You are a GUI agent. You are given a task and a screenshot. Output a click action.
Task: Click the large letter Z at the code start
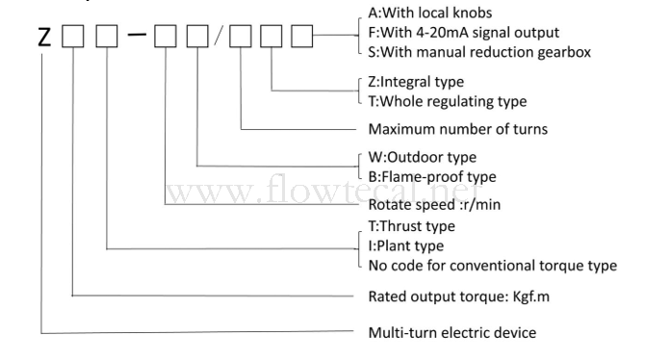point(44,36)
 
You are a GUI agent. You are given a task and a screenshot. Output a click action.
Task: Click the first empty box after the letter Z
point(72,36)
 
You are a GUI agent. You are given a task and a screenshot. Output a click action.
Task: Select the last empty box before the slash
point(197,36)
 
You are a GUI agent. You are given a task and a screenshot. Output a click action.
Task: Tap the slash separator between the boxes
point(219,36)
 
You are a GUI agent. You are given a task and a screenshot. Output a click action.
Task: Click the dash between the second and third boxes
point(137,35)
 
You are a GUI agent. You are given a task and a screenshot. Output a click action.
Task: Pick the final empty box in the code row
point(302,36)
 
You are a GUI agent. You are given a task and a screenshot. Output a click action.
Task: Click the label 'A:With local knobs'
point(430,13)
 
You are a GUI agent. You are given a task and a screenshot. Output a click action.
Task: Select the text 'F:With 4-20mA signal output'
point(464,33)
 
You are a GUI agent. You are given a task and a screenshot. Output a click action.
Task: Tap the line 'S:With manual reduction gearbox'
point(479,52)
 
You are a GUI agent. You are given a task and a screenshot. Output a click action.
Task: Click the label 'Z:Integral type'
point(416,82)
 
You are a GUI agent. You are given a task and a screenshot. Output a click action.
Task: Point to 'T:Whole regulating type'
point(448,101)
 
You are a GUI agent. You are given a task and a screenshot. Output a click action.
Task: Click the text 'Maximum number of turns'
point(458,129)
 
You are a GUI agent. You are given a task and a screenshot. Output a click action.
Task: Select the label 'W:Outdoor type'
point(422,157)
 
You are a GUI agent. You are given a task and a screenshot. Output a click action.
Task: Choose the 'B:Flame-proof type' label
point(432,177)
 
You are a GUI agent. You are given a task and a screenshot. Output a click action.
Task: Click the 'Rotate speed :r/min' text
point(434,204)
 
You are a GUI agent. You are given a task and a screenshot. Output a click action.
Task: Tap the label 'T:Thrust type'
point(411,226)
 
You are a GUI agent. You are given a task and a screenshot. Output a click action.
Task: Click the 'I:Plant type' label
point(406,245)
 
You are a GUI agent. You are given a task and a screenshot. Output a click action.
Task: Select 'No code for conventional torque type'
point(493,266)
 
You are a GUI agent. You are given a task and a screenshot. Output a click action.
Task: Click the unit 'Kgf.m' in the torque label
point(531,296)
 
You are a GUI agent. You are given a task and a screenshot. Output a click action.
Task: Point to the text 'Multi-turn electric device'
point(453,333)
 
